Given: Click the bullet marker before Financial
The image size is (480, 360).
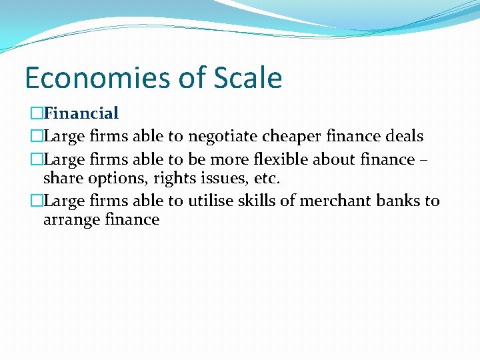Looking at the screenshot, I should click(x=37, y=114).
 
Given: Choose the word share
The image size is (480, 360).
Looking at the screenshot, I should click(x=61, y=179).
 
